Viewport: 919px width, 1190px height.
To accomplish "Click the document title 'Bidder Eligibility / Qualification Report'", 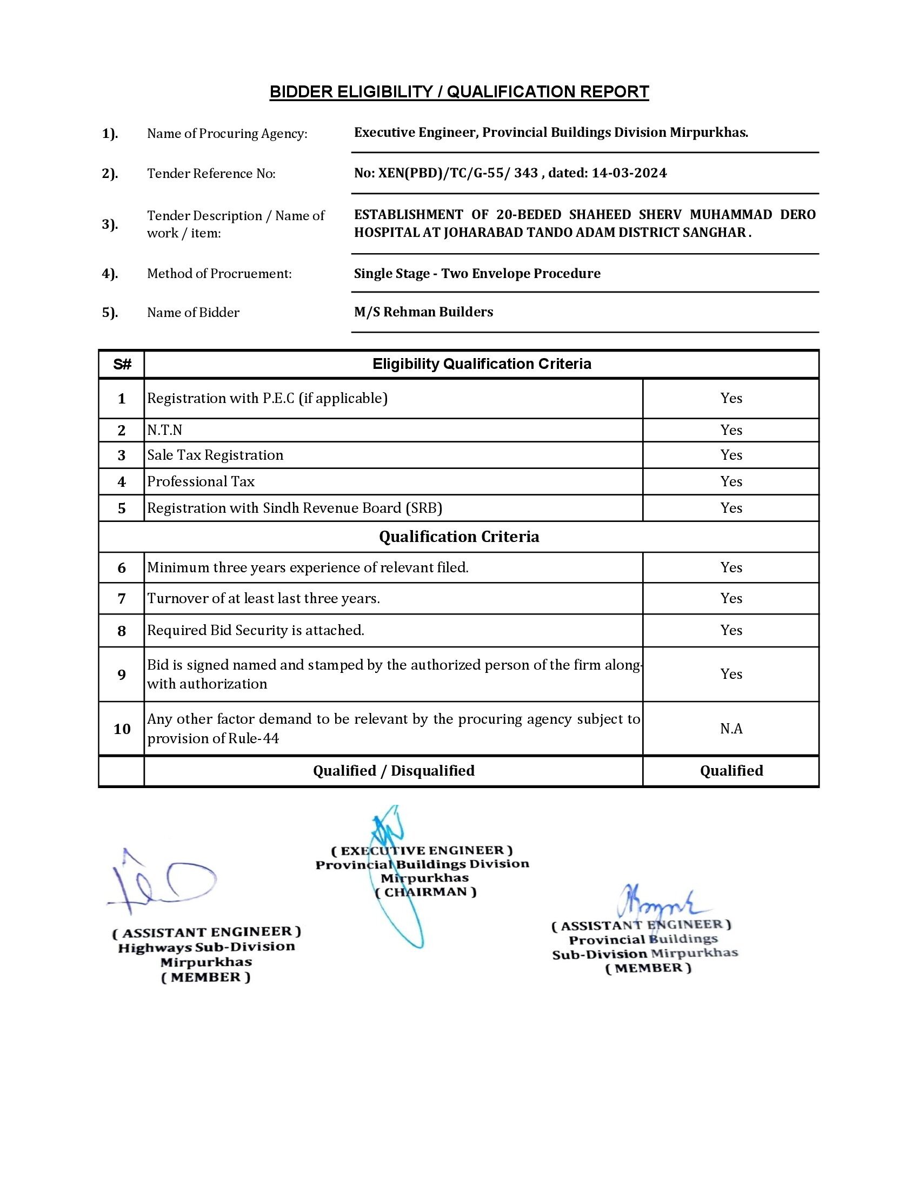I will (x=459, y=91).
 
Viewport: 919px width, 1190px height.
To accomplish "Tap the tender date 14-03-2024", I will (x=629, y=173).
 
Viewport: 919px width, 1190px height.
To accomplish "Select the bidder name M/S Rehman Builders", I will (x=423, y=312).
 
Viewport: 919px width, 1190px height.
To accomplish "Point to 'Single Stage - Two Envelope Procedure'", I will (x=477, y=274).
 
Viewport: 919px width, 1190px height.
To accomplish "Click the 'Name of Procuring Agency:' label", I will (x=227, y=134).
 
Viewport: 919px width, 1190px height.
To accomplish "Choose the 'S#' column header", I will (x=122, y=365).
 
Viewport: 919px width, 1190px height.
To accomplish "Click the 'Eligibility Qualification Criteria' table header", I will (x=481, y=364).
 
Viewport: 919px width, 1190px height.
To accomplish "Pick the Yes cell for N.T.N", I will (x=731, y=431).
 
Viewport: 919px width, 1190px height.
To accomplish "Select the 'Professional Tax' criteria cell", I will (x=201, y=481).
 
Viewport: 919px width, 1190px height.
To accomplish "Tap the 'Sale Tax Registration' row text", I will (x=215, y=455).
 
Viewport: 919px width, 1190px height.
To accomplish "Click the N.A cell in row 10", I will (x=731, y=729).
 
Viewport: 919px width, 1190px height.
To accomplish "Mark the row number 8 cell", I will (x=122, y=631).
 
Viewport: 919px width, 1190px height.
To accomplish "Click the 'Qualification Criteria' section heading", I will (x=459, y=537).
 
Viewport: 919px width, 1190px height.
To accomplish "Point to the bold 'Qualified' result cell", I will (x=731, y=771).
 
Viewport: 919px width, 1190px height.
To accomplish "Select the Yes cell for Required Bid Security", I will (x=731, y=630).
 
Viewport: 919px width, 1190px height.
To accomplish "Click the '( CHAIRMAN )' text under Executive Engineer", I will (x=425, y=892).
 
